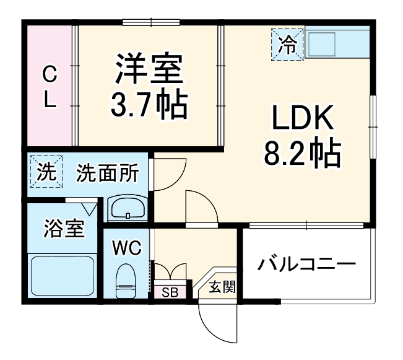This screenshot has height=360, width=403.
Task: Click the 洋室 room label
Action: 149,68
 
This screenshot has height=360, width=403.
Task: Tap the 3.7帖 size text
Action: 149,105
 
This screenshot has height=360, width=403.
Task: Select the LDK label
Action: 303,117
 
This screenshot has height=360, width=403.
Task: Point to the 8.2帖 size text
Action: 303,154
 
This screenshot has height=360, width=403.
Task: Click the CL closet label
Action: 50,87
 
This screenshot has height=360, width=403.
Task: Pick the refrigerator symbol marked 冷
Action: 288,45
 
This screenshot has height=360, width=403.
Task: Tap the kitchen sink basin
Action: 321,44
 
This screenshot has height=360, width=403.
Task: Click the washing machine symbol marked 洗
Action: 46,172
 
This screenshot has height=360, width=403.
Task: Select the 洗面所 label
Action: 108,173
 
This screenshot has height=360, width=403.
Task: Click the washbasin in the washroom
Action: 128,209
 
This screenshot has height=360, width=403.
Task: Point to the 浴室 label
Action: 64,228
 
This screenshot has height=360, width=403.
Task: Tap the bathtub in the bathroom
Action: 62,276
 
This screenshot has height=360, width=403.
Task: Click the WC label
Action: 127,248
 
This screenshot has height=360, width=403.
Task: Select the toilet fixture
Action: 125,281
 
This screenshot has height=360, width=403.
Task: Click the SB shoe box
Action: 170,292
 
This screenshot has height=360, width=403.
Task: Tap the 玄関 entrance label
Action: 222,287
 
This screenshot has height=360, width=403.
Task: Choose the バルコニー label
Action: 307,264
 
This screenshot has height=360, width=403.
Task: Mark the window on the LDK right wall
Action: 373,127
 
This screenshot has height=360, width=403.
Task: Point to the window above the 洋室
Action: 151,22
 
